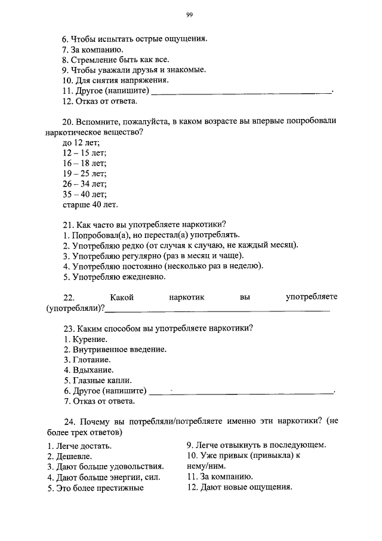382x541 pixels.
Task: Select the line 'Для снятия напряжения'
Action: (x=115, y=80)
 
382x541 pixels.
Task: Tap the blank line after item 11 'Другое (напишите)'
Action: (x=241, y=91)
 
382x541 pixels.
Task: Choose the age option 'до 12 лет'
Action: (x=81, y=142)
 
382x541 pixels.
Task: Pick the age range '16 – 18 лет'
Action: (x=84, y=163)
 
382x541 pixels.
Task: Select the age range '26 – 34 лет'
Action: (x=84, y=184)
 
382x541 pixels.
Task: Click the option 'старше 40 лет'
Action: (x=90, y=204)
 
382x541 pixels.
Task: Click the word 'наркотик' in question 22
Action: (x=186, y=297)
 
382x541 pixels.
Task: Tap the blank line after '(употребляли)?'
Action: (x=217, y=309)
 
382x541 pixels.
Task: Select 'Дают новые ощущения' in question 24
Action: (x=239, y=487)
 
